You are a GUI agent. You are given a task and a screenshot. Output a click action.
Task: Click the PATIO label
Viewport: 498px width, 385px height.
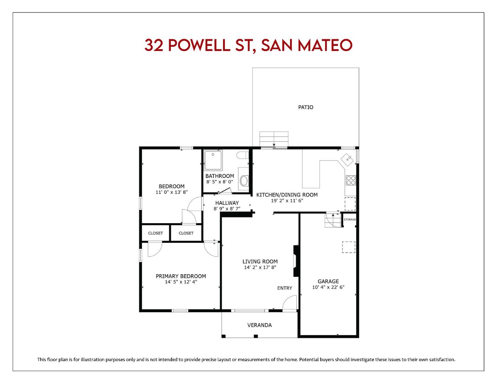tap(306, 107)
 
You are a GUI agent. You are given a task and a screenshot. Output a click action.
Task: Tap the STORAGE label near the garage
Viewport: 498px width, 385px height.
tap(350, 220)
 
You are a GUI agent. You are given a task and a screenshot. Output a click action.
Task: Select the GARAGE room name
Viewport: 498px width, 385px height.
tap(328, 281)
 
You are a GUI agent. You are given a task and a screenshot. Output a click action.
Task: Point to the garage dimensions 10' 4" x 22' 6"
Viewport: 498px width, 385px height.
tap(328, 287)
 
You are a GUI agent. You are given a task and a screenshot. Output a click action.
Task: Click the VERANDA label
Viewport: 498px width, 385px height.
tap(259, 325)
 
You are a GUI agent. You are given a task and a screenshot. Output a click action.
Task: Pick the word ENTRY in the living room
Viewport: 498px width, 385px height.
tap(285, 288)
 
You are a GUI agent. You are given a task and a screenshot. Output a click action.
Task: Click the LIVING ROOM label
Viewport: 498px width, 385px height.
tap(260, 261)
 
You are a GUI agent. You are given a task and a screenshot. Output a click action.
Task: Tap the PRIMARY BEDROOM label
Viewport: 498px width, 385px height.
tap(181, 276)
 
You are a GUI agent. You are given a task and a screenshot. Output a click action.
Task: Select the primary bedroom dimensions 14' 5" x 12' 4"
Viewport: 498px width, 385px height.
tap(181, 282)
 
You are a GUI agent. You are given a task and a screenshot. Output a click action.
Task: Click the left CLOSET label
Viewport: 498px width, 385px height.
tap(155, 233)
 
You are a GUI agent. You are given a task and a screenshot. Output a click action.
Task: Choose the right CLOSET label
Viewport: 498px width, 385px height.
tap(186, 233)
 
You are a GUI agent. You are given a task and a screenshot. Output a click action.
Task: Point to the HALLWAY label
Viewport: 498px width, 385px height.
tap(227, 203)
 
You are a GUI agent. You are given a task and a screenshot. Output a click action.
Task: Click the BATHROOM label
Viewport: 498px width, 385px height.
tap(219, 176)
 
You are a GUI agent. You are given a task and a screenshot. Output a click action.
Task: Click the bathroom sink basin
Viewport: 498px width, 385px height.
tap(244, 181)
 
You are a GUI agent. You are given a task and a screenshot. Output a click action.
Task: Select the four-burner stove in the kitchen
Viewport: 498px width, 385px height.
tap(351, 180)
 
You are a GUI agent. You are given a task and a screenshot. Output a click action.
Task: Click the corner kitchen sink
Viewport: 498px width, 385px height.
tap(347, 159)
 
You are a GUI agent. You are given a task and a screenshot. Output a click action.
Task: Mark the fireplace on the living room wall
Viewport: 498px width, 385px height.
tap(296, 261)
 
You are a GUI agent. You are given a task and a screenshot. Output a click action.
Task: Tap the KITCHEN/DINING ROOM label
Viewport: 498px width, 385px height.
tap(287, 195)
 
